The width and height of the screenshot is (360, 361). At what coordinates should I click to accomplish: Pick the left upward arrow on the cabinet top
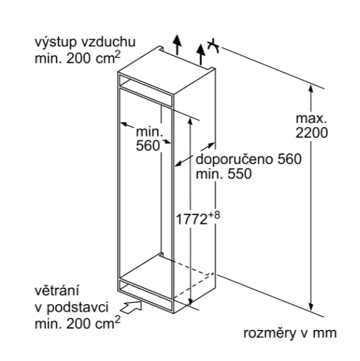point(176,43)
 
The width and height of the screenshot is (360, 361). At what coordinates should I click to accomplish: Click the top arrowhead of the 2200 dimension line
point(311,88)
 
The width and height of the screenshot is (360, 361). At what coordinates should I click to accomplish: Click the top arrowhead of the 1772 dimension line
point(190,119)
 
